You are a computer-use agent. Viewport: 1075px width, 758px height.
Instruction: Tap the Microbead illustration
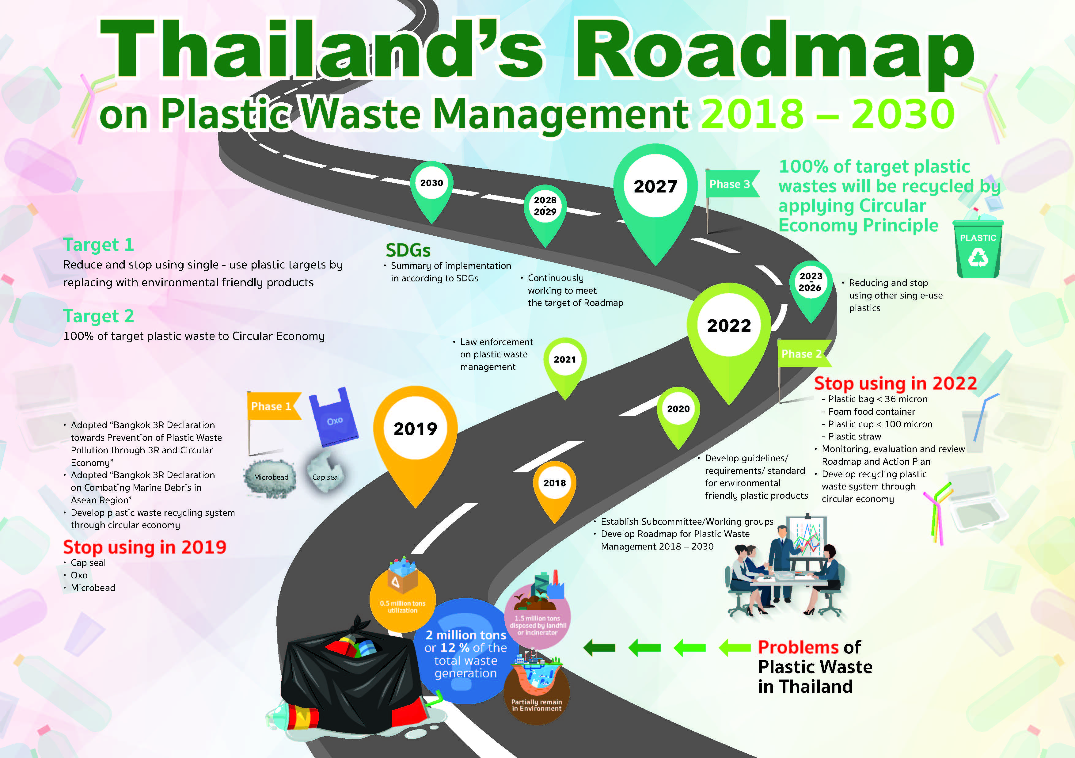tap(271, 477)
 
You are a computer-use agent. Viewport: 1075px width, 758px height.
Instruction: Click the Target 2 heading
tap(99, 316)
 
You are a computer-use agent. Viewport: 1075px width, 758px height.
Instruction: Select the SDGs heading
tap(408, 250)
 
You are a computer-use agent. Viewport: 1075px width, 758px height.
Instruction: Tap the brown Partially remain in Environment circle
tap(537, 691)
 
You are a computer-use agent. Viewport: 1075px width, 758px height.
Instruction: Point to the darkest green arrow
tap(599, 648)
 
